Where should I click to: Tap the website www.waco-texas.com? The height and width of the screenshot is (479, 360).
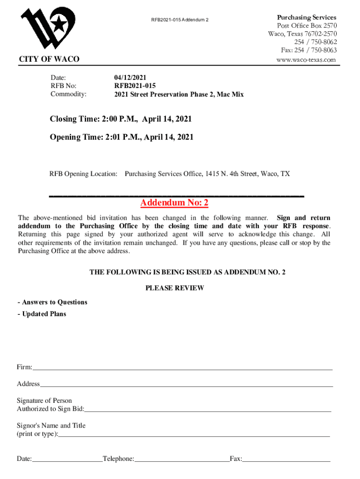(306, 60)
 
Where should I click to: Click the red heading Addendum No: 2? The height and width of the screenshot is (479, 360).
(174, 203)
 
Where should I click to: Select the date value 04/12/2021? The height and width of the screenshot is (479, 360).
(132, 78)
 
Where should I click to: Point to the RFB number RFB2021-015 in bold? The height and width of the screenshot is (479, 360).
(135, 86)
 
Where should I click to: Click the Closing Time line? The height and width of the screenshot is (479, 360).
(121, 119)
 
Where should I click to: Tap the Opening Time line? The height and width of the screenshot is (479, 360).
(122, 137)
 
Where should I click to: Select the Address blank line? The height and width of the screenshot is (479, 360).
(186, 385)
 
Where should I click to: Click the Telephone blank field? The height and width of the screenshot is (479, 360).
(181, 459)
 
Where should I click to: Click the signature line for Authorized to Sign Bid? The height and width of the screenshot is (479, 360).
(208, 410)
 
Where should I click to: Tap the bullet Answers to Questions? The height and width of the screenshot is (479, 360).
(52, 302)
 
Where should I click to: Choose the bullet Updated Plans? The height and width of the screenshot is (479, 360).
(42, 314)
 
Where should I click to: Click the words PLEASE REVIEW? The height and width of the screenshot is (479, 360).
(174, 288)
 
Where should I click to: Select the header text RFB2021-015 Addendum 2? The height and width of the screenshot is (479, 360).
(180, 20)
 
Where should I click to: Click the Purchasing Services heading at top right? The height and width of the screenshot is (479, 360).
(306, 17)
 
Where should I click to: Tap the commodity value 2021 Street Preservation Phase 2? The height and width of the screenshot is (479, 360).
(179, 94)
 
